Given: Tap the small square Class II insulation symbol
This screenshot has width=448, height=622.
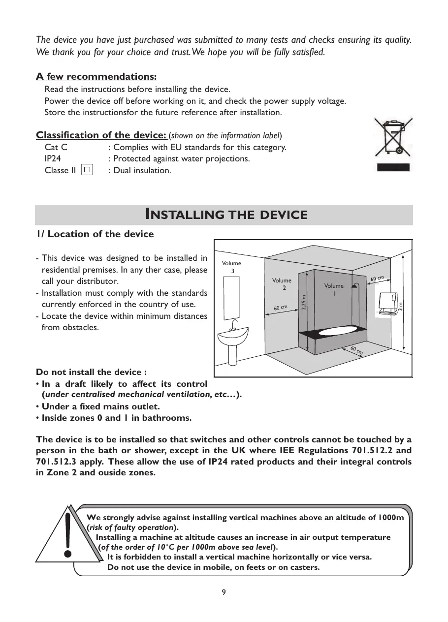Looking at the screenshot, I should click(x=87, y=170).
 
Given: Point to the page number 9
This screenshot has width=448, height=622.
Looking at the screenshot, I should click(x=224, y=592).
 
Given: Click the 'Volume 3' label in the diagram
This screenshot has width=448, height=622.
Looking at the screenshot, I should click(x=232, y=267).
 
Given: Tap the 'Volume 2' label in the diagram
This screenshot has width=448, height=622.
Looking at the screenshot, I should click(x=282, y=284).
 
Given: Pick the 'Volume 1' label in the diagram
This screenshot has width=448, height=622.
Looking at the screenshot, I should click(x=334, y=289).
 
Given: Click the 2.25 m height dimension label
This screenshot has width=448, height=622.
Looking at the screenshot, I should click(x=304, y=302).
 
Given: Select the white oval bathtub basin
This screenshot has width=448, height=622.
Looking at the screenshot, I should click(x=339, y=333).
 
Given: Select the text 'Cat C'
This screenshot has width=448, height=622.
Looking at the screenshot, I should click(x=56, y=148).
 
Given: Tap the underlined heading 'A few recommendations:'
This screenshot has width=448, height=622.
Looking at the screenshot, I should click(x=96, y=77).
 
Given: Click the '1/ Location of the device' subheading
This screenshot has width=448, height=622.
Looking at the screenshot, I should click(x=95, y=234).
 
